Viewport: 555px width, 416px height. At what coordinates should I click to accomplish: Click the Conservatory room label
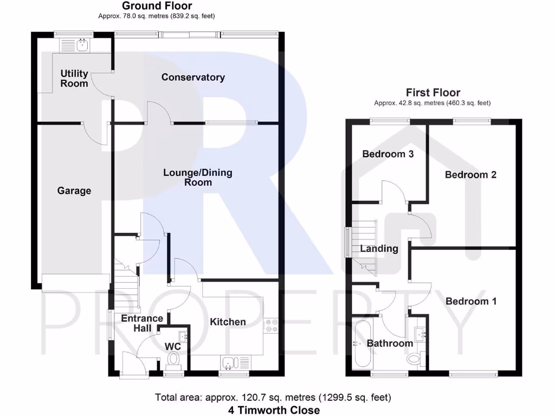(193, 77)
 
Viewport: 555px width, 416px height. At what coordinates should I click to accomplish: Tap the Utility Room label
(74, 79)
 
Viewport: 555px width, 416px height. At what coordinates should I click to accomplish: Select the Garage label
(74, 191)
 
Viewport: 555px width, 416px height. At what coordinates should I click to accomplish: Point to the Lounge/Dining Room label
(198, 178)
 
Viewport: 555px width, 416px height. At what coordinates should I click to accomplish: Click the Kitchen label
(228, 322)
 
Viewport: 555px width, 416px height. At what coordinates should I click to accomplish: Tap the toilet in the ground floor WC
(173, 359)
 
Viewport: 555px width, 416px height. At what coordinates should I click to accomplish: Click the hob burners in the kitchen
(271, 326)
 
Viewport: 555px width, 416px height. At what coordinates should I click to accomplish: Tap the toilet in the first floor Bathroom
(415, 358)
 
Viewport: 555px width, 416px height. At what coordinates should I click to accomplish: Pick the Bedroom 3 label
(388, 154)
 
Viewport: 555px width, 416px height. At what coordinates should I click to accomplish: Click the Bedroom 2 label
(470, 174)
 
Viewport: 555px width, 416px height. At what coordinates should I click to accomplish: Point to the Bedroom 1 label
(470, 301)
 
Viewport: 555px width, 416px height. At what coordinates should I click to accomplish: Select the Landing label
(379, 249)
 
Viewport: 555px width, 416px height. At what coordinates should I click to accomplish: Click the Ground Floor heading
(157, 6)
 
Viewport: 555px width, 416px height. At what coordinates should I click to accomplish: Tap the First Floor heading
(433, 93)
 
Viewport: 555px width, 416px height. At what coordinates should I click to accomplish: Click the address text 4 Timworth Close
(273, 409)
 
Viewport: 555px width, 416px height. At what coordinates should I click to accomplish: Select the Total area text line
(273, 398)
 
